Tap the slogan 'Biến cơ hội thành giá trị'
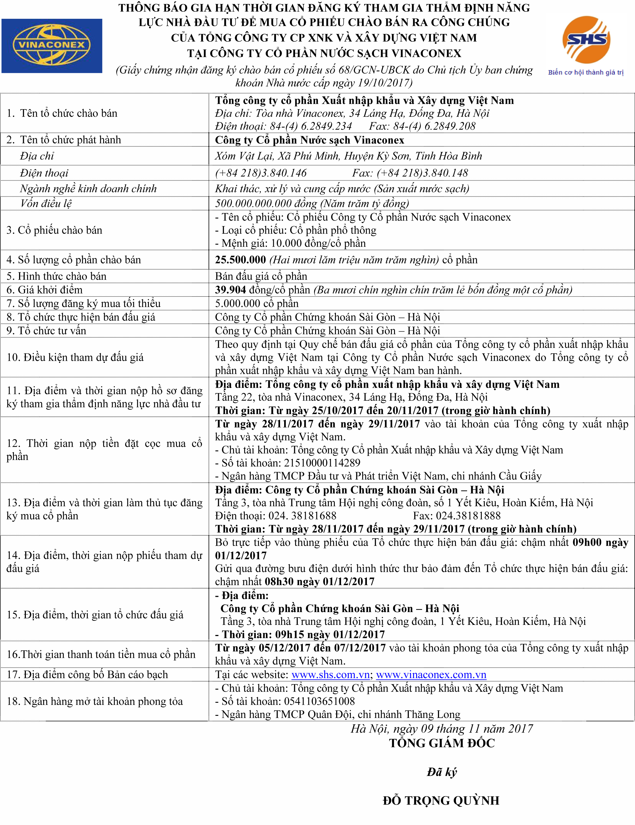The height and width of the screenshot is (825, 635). (585, 72)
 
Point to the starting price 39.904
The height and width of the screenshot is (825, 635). (230, 290)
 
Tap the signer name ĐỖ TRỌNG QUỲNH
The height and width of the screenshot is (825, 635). (441, 800)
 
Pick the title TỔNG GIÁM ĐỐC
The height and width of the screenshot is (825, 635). (442, 743)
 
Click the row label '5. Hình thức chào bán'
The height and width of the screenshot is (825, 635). (57, 276)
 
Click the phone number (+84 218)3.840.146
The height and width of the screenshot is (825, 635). (261, 173)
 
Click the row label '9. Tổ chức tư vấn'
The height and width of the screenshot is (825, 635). (47, 331)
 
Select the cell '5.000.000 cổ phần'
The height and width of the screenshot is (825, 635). (257, 303)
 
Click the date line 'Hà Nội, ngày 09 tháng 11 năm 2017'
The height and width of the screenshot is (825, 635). (442, 729)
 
